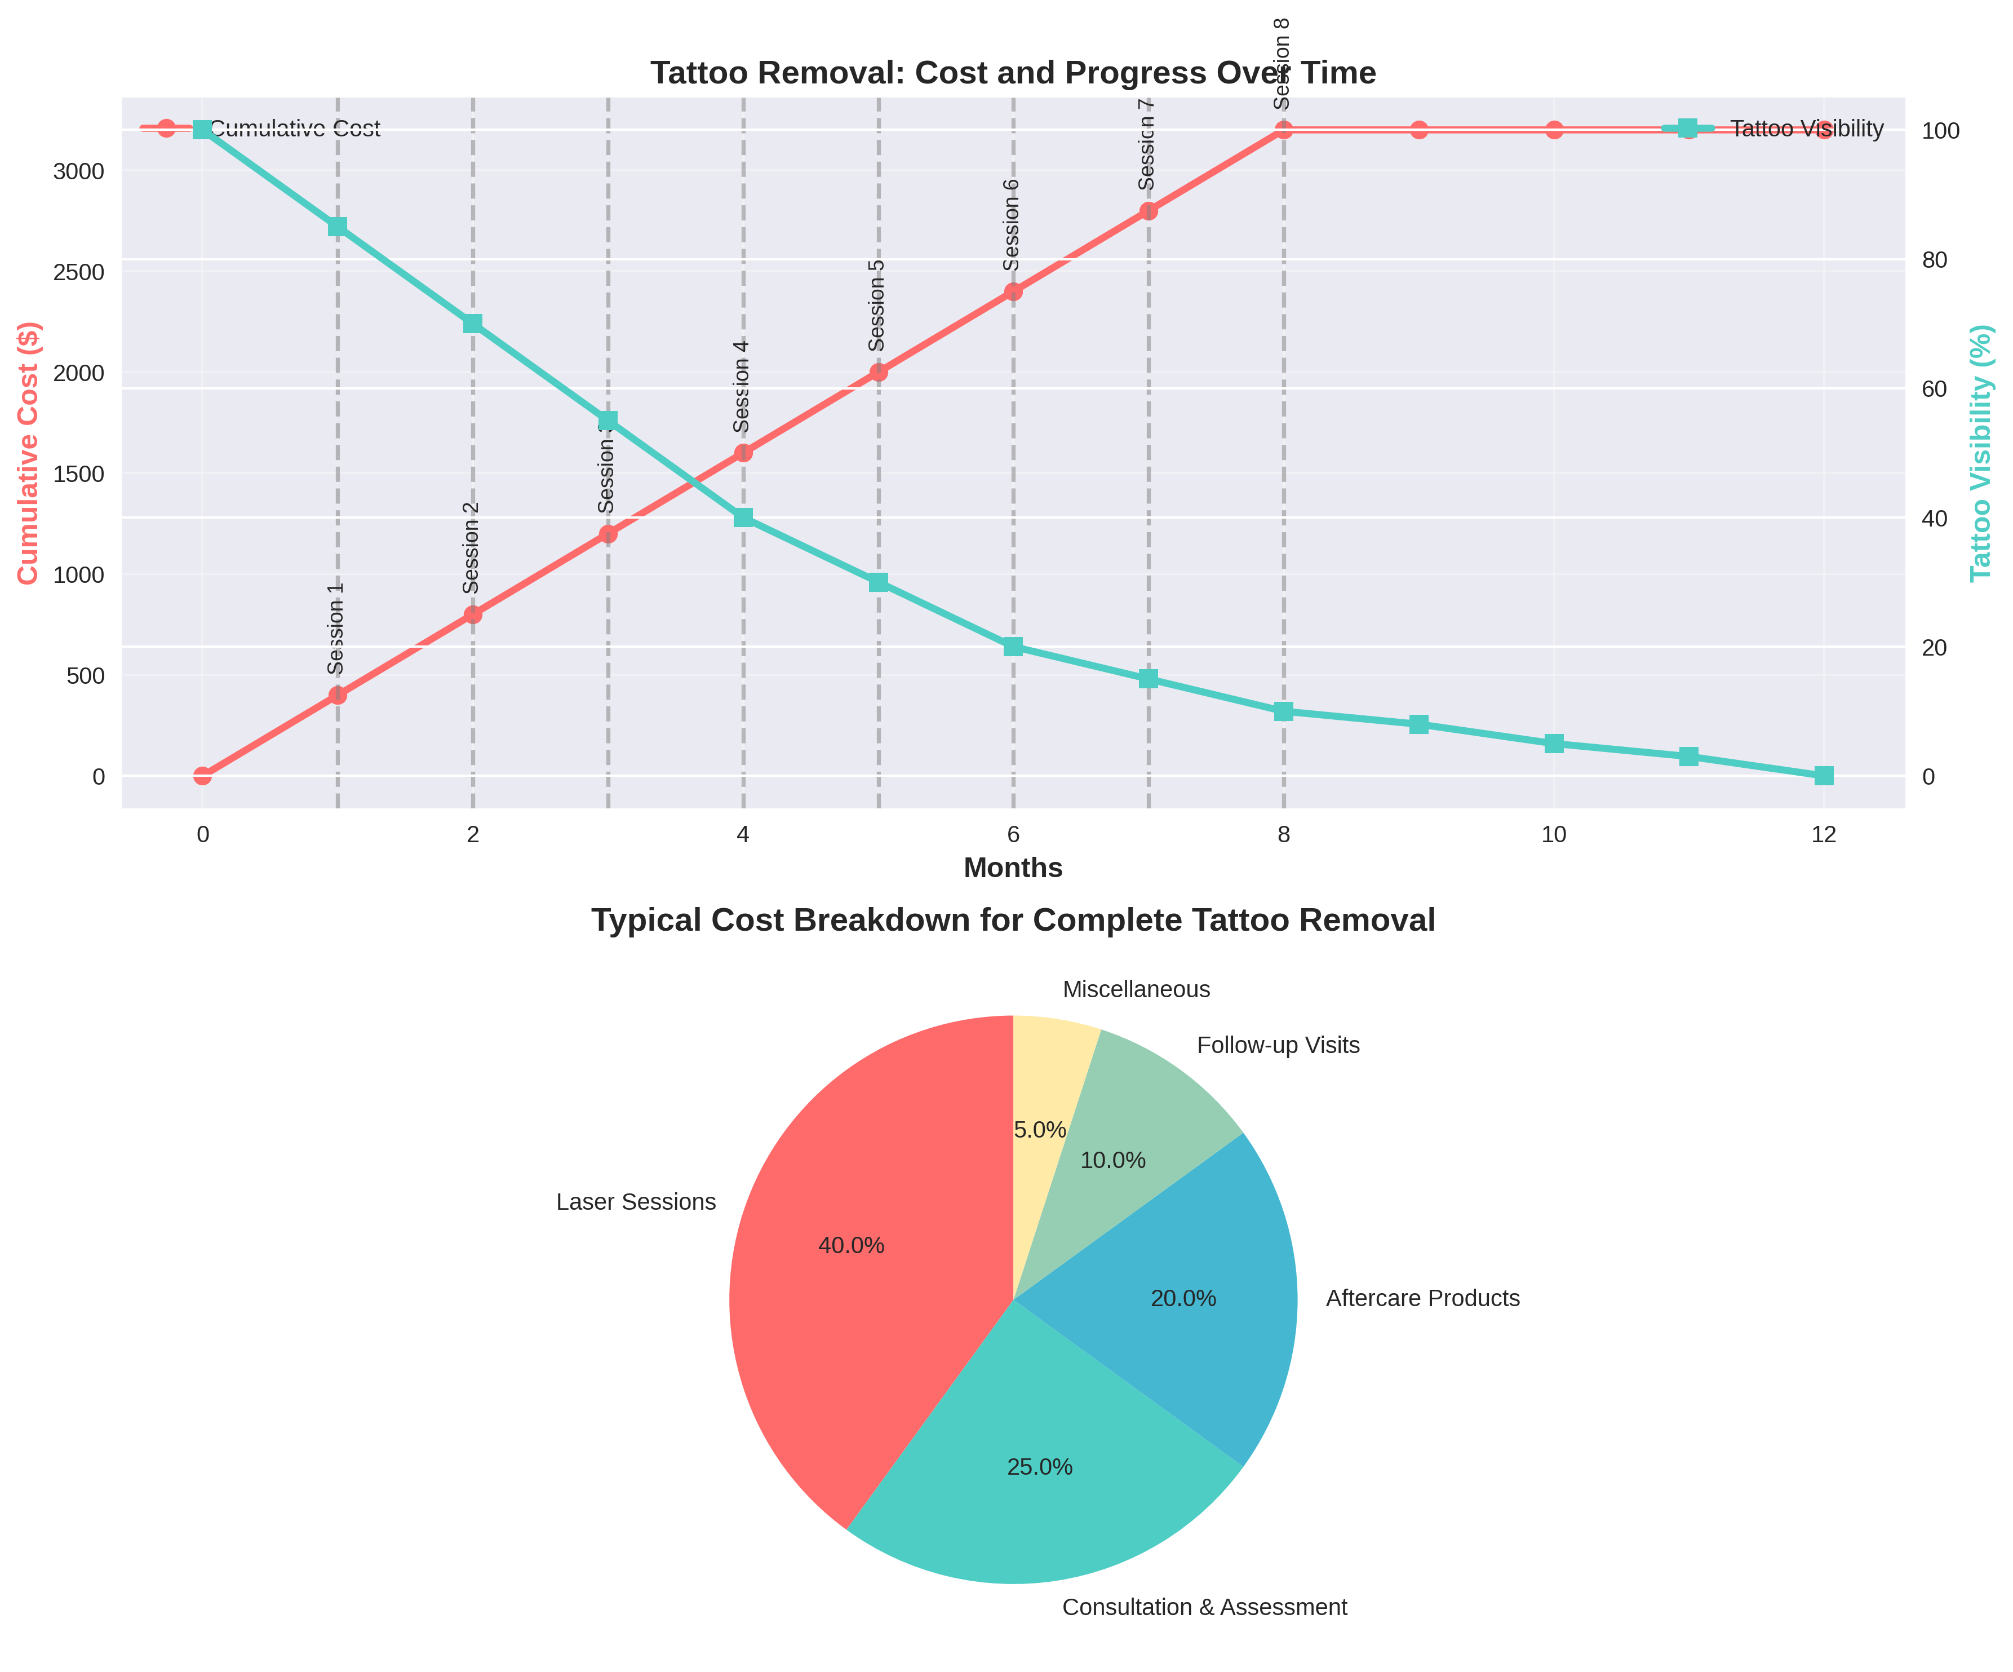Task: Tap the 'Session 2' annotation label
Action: [471, 547]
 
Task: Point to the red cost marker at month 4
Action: [743, 453]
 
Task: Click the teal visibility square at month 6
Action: [1013, 647]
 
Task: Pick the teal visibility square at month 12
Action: [1823, 776]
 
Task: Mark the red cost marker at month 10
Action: [1554, 130]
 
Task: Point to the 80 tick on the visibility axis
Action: [1935, 260]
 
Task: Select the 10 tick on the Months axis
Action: [1554, 835]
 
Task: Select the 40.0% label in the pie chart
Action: [851, 1245]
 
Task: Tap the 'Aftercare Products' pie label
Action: [1422, 1298]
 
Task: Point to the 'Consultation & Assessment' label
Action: [1204, 1607]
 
